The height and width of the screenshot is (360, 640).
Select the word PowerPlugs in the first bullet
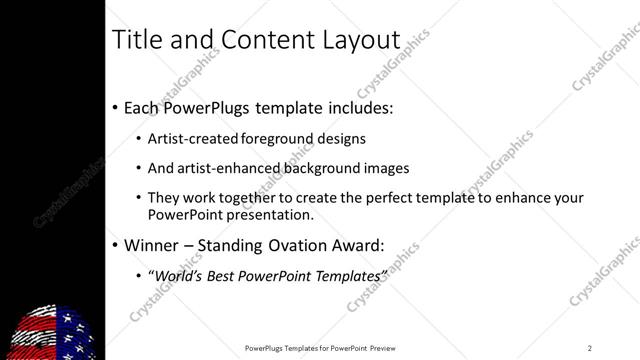pyautogui.click(x=213, y=107)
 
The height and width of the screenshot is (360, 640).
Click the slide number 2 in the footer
pyautogui.click(x=589, y=348)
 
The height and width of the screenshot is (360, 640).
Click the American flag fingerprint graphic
pyautogui.click(x=55, y=331)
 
